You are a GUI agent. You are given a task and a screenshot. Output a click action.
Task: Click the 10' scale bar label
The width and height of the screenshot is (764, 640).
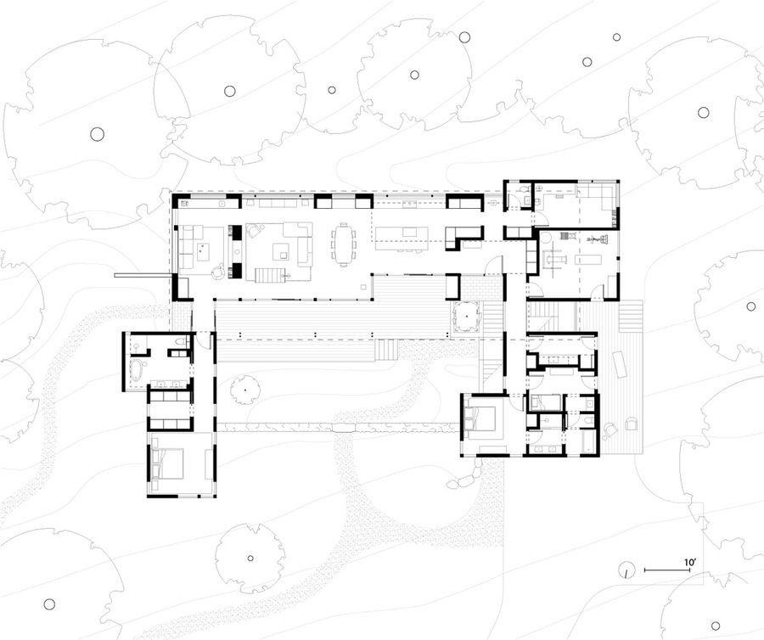pyautogui.click(x=689, y=562)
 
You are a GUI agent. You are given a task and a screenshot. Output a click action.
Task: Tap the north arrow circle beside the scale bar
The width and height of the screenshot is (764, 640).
pyautogui.click(x=627, y=570)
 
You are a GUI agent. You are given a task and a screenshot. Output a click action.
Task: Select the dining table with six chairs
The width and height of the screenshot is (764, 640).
pyautogui.click(x=344, y=244)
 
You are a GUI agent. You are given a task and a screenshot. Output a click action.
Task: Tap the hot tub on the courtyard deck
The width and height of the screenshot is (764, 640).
pyautogui.click(x=467, y=317)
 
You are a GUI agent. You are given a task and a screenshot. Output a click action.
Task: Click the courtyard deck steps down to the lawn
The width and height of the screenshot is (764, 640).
pyautogui.click(x=387, y=349)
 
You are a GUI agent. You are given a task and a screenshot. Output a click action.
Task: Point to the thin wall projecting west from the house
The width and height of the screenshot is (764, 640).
pyautogui.click(x=141, y=275)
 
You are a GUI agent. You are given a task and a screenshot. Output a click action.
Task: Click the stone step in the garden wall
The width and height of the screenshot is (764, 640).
pyautogui.click(x=345, y=427)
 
